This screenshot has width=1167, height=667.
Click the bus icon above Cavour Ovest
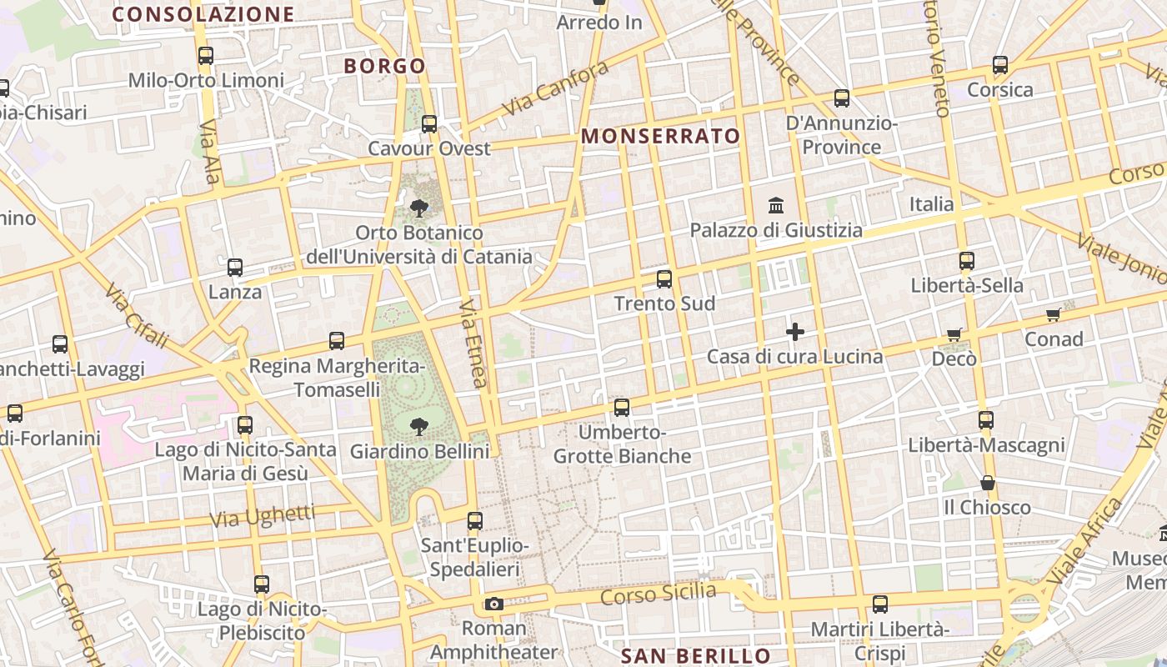click(x=429, y=124)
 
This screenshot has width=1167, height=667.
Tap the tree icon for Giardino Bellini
click(x=419, y=428)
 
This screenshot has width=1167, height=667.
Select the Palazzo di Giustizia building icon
click(x=777, y=205)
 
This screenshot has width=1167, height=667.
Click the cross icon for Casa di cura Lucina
click(x=795, y=332)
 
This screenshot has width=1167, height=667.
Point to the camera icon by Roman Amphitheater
click(x=494, y=604)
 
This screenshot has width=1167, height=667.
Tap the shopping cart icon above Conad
click(x=1054, y=315)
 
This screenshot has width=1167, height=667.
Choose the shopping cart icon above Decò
click(x=954, y=334)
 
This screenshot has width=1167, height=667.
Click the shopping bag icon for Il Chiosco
click(x=988, y=483)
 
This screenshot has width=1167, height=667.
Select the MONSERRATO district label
click(x=660, y=136)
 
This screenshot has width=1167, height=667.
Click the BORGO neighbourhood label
click(x=385, y=66)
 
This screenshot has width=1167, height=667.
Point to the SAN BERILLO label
click(x=697, y=656)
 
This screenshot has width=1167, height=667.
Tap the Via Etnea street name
click(x=473, y=344)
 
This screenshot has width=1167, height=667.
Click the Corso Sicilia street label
click(x=658, y=594)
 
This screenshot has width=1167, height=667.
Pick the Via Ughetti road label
click(x=262, y=516)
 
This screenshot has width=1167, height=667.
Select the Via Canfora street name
click(x=556, y=89)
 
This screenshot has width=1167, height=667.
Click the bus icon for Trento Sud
click(x=664, y=279)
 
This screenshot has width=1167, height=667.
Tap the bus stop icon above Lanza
click(x=235, y=268)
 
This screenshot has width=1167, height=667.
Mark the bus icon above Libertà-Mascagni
click(x=986, y=419)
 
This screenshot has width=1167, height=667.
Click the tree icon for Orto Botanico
click(x=419, y=208)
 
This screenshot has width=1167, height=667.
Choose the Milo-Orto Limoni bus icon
click(x=206, y=56)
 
